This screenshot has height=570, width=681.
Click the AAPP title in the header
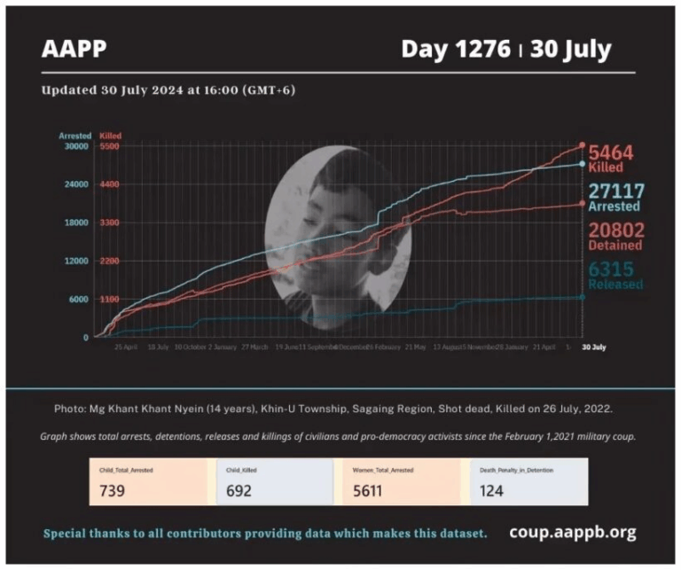[74, 49]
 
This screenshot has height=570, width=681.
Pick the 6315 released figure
[611, 269]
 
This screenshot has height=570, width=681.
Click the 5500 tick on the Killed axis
[110, 146]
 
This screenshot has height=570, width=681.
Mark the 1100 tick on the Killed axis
[110, 300]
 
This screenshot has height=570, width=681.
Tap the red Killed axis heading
[111, 136]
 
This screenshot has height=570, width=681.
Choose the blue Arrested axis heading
[75, 136]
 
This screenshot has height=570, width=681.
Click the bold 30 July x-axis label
[594, 347]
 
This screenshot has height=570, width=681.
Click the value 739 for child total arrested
[113, 490]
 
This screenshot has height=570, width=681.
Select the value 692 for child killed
[239, 490]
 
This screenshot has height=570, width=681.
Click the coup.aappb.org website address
[572, 533]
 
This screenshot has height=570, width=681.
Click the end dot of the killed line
[582, 144]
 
